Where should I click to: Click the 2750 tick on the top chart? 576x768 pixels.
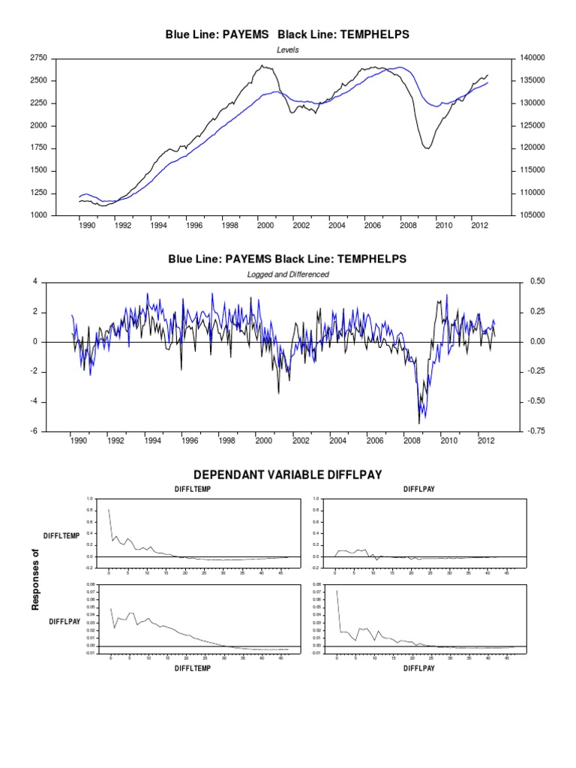37,58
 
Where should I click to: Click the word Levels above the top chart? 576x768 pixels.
288,49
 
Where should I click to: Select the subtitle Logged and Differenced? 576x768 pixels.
288,274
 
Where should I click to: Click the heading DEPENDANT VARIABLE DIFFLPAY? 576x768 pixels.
288,475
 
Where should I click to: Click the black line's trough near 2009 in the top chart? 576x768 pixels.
427,148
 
